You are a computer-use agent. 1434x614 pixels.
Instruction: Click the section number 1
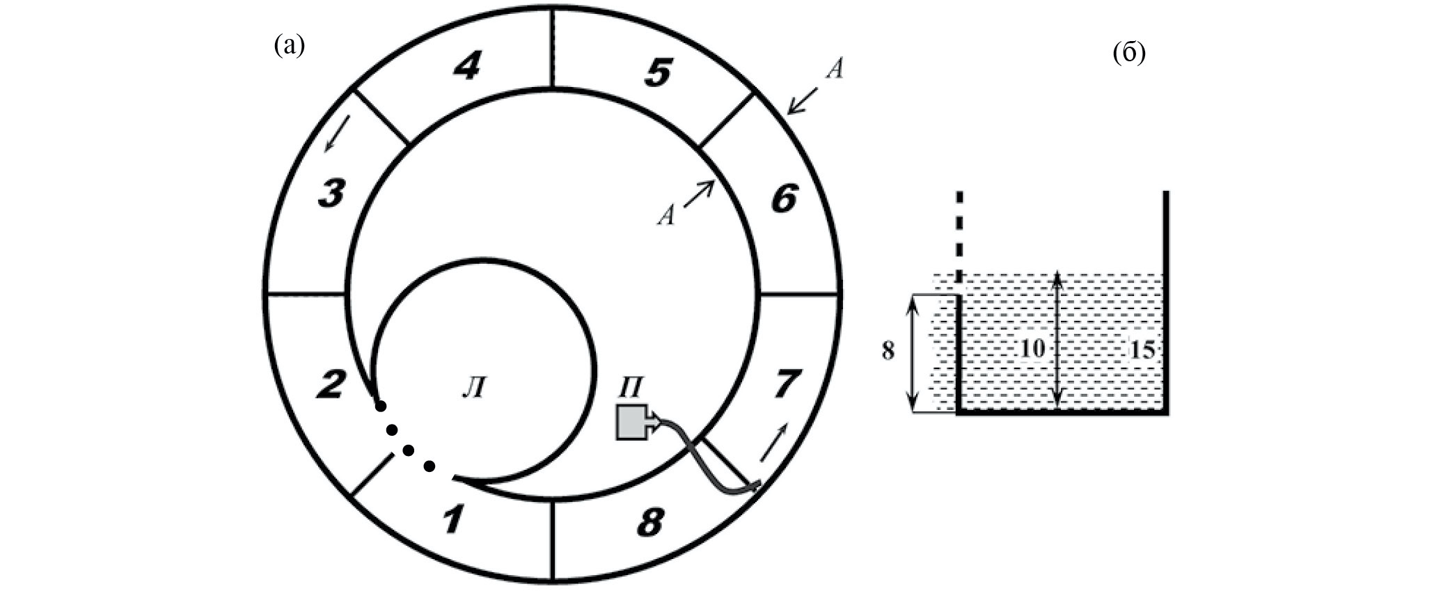click(x=453, y=520)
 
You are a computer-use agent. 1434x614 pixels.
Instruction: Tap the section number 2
click(x=331, y=384)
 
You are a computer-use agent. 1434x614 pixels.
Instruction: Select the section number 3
click(x=331, y=193)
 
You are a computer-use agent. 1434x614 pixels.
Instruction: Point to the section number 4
click(x=467, y=67)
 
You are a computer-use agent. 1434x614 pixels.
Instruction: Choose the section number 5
click(x=658, y=72)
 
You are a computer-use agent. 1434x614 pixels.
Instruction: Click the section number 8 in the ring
click(x=650, y=522)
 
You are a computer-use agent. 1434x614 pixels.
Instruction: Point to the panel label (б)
click(x=1129, y=53)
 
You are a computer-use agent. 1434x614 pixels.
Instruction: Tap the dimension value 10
click(x=1032, y=348)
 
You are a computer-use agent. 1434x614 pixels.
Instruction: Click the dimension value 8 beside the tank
click(x=888, y=351)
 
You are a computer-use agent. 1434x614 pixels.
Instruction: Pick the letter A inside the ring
click(x=666, y=217)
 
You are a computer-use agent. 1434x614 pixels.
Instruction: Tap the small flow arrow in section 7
click(x=775, y=441)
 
